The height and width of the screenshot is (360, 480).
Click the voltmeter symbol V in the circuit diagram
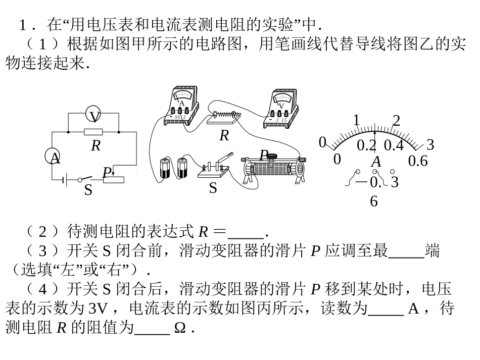point(94,116)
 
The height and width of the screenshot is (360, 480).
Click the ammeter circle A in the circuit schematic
point(55,158)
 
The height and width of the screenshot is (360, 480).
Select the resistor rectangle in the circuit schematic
point(93,132)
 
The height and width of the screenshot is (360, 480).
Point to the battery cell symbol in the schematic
point(65,179)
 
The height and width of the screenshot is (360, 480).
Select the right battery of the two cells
point(182,168)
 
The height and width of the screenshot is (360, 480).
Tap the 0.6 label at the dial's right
point(418,161)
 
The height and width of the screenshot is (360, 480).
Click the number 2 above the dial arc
point(396,121)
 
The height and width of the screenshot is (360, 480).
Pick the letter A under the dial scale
point(376,162)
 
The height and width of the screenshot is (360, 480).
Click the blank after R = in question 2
point(246,233)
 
